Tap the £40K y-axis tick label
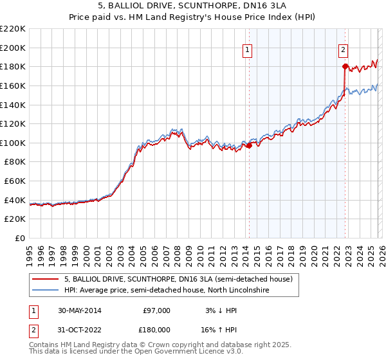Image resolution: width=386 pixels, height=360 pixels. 15,200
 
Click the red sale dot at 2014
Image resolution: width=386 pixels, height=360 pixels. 250,145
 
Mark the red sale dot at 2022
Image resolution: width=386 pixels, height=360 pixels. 345,66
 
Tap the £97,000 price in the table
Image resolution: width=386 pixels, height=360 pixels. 156,310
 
